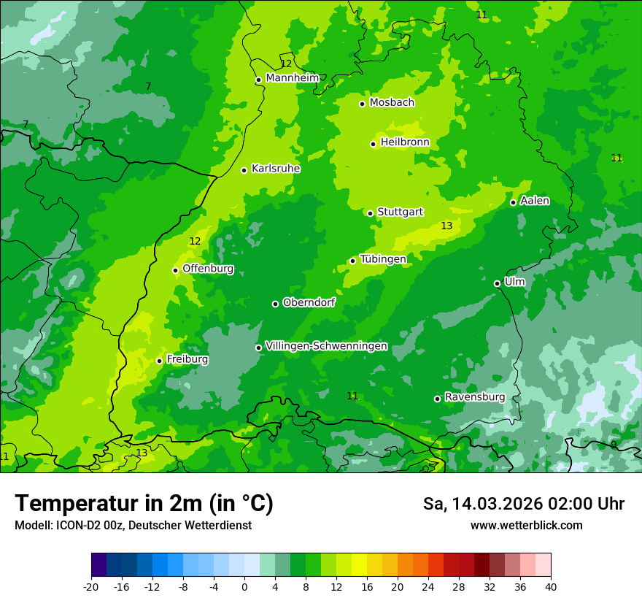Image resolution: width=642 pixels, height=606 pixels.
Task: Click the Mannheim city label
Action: point(293,78)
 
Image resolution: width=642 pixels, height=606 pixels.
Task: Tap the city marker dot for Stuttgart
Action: point(371,213)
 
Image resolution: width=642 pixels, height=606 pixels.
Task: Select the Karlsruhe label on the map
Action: point(276,169)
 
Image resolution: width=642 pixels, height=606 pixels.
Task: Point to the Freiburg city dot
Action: point(159,361)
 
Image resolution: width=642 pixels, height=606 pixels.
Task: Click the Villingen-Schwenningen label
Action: point(326,346)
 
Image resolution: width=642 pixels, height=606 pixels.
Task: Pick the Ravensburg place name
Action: point(475,397)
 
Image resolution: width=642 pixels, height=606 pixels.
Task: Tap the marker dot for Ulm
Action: point(498,283)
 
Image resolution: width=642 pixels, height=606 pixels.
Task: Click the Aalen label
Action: point(535,201)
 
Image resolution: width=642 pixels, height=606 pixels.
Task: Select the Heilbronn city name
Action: point(405,142)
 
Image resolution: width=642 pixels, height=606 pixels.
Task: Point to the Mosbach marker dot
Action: point(363,104)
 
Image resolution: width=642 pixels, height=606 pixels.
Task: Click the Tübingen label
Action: point(383,259)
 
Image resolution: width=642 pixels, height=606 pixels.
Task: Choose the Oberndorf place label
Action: point(309,302)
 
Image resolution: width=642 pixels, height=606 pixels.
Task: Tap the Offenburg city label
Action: point(208,269)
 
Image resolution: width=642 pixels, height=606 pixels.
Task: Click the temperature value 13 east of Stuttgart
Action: point(446,226)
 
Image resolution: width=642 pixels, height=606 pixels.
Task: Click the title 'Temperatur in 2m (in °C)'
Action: point(144,503)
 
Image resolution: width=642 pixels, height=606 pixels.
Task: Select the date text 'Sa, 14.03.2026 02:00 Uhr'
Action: point(523,504)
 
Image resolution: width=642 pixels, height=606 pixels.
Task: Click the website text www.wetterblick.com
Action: point(526,526)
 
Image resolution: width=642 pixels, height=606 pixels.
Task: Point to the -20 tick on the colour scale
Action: point(91,587)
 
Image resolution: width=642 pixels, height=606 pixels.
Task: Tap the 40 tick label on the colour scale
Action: point(551,587)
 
